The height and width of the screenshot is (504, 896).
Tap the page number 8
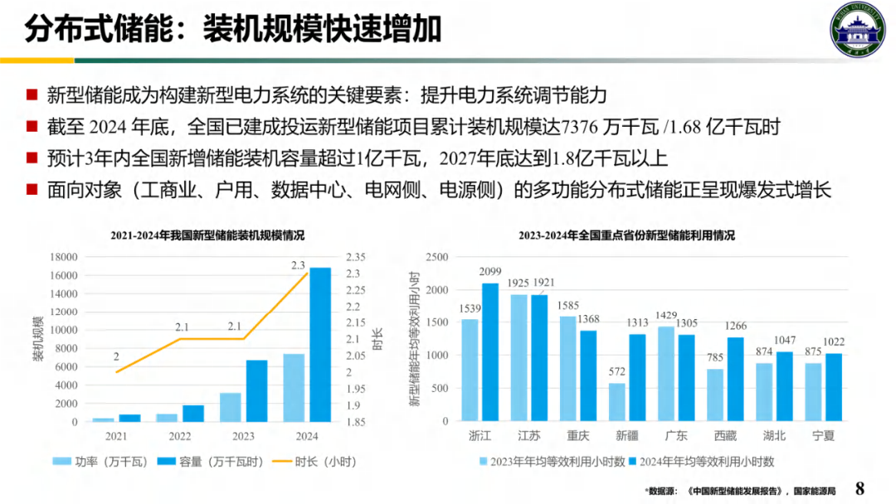860,487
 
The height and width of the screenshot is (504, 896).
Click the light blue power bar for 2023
230,407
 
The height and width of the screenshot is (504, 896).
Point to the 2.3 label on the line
299,265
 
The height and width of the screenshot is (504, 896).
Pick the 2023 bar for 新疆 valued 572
617,402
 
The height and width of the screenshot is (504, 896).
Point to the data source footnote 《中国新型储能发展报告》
737,491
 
